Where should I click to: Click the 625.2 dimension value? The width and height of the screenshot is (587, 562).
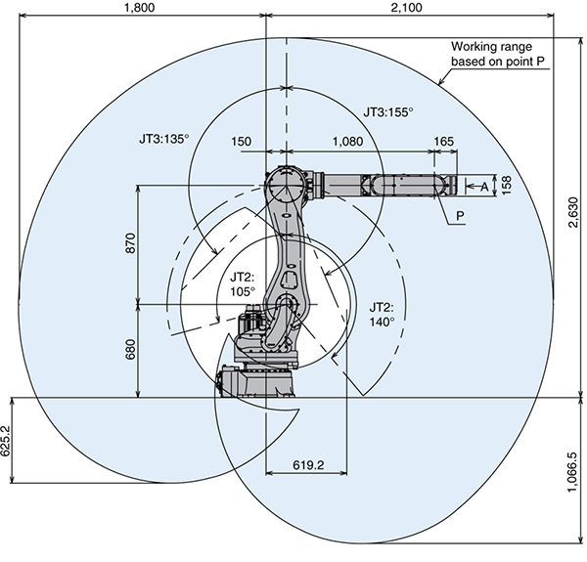pyautogui.click(x=8, y=442)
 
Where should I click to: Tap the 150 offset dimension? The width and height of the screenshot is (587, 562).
pyautogui.click(x=242, y=142)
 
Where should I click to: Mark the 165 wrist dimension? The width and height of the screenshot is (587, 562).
pyautogui.click(x=442, y=142)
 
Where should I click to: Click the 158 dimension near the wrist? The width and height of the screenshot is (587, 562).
pyautogui.click(x=506, y=186)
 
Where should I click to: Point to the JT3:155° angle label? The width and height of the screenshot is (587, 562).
pyautogui.click(x=387, y=113)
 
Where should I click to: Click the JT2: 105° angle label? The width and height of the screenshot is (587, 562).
pyautogui.click(x=242, y=284)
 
